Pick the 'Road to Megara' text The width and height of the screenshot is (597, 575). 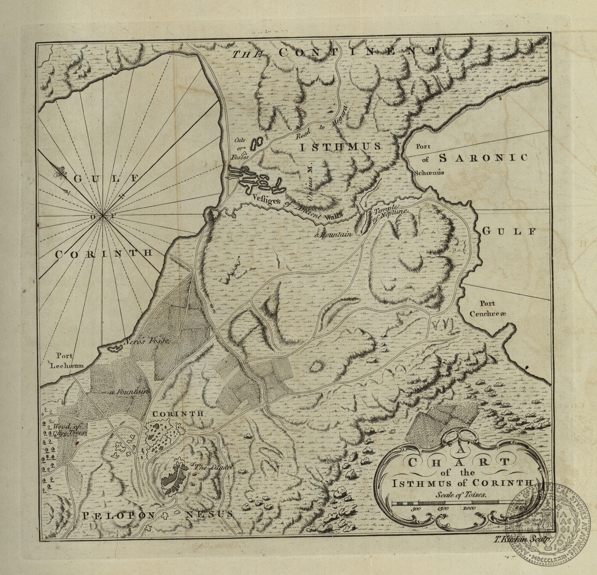tap(323, 123)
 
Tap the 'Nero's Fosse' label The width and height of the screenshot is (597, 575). tap(147, 341)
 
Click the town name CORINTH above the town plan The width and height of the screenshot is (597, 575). tap(177, 414)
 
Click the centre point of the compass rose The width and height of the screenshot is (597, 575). tap(103, 216)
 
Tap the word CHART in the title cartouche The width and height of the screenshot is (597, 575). tap(459, 462)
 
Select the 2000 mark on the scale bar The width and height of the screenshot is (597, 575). tap(469, 508)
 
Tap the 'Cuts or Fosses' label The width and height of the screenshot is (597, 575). tap(239, 148)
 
